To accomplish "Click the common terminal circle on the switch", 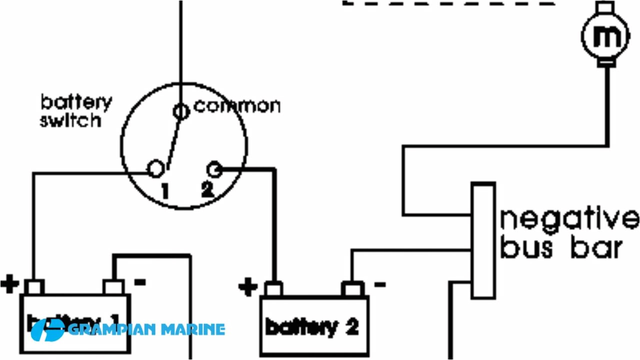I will [181, 111].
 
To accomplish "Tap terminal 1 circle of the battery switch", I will [156, 169].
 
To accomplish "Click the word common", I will [237, 106].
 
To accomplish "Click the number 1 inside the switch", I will [164, 190].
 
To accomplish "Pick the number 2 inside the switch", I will [207, 190].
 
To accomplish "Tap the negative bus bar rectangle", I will [483, 240].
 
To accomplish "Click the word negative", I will [569, 220].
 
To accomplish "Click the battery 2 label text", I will [312, 327].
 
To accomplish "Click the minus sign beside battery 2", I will [379, 284].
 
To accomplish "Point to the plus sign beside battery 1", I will [9, 284].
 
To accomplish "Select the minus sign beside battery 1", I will [140, 282].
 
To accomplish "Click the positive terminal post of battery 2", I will [273, 288].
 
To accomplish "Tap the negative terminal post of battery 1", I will [113, 287].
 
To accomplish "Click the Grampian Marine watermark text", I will [145, 329].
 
